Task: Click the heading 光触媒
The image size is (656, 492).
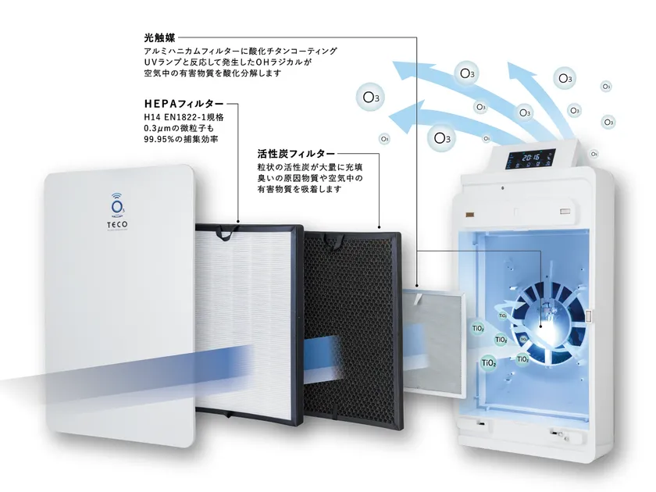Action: click(x=159, y=37)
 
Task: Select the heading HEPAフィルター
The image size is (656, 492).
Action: click(x=184, y=103)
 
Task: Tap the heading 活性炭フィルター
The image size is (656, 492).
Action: click(x=296, y=153)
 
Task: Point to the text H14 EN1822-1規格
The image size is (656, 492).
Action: click(x=184, y=117)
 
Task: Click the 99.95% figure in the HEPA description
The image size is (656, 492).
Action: click(x=159, y=139)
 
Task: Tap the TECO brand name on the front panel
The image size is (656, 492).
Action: click(x=117, y=225)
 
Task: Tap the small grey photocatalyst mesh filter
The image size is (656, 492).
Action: click(x=434, y=341)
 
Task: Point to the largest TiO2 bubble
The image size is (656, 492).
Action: click(x=489, y=362)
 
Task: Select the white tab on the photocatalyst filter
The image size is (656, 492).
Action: click(x=416, y=298)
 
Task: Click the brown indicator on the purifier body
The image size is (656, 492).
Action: click(x=470, y=214)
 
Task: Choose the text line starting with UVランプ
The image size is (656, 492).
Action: click(x=228, y=62)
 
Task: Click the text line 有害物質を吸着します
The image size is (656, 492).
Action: click(x=300, y=189)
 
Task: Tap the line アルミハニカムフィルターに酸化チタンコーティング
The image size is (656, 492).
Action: click(x=241, y=51)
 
